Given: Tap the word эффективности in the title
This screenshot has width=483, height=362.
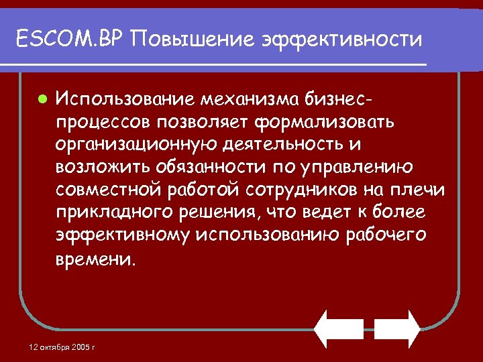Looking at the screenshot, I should coord(339,40).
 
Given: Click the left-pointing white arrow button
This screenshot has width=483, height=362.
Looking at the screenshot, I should coord(339,328).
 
